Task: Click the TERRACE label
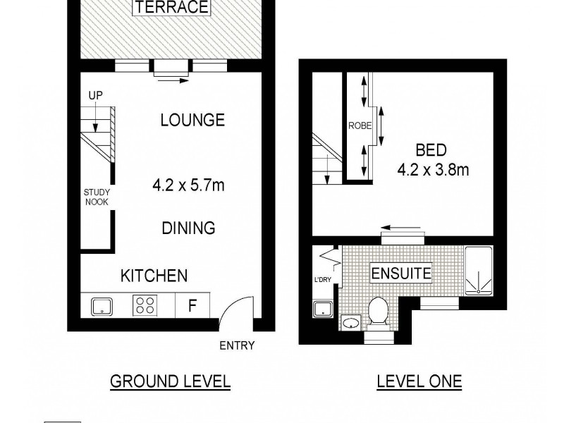pyautogui.click(x=171, y=8)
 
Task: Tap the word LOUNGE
pyautogui.click(x=192, y=120)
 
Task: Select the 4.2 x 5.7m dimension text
pyautogui.click(x=188, y=186)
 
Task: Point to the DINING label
pyautogui.click(x=188, y=228)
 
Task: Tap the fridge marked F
pyautogui.click(x=192, y=306)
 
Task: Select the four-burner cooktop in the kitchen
pyautogui.click(x=145, y=306)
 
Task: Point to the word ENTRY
pyautogui.click(x=236, y=345)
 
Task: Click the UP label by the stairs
pyautogui.click(x=95, y=95)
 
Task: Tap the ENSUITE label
pyautogui.click(x=401, y=272)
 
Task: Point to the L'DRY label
pyautogui.click(x=322, y=281)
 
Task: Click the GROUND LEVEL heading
pyautogui.click(x=170, y=381)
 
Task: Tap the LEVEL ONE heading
pyautogui.click(x=419, y=381)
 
